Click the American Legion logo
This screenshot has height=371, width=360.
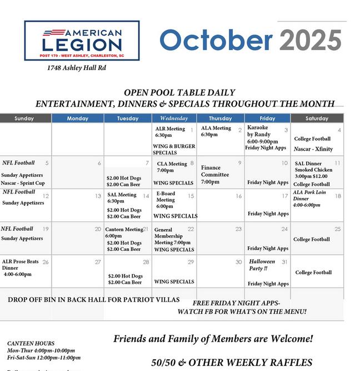click(x=82, y=41)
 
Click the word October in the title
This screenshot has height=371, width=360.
click(x=216, y=40)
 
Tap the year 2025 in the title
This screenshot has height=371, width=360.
click(x=310, y=40)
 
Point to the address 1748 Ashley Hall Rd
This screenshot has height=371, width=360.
click(x=77, y=68)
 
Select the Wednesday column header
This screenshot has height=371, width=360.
click(x=174, y=118)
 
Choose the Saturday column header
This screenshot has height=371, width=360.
click(x=316, y=118)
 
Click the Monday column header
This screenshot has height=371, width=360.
click(x=77, y=118)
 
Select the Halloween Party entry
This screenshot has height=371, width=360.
click(x=262, y=265)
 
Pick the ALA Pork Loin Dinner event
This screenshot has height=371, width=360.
click(x=309, y=199)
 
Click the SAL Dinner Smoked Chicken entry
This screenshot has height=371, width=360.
click(x=313, y=170)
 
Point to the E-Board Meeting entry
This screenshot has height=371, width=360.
click(x=166, y=200)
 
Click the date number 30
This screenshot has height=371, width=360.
click(x=238, y=262)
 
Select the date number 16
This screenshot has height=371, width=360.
click(x=238, y=196)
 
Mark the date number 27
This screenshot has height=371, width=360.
click(x=98, y=262)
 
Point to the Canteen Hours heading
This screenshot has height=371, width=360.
click(x=31, y=343)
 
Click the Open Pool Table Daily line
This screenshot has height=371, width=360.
click(x=179, y=93)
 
